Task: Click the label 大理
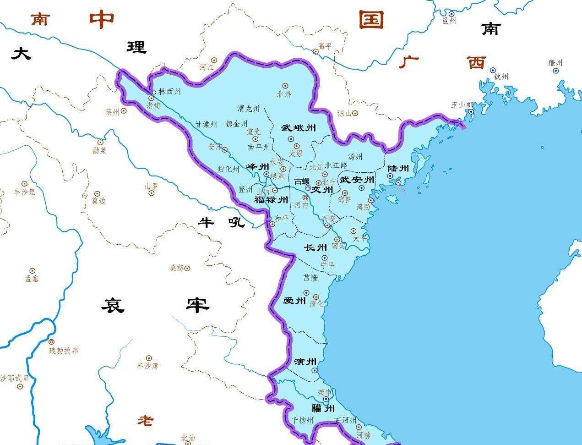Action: click(78, 50)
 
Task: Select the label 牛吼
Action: click(222, 222)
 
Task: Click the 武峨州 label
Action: click(299, 128)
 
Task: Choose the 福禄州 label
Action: click(271, 200)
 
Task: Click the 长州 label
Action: click(315, 248)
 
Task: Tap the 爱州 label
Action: click(294, 301)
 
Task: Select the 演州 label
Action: click(305, 362)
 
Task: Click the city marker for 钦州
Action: click(493, 70)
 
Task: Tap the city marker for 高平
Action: click(315, 51)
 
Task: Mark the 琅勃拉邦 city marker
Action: click(51, 342)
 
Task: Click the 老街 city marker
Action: click(151, 98)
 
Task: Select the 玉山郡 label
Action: click(462, 104)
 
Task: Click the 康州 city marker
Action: click(555, 71)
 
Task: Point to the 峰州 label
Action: click(258, 166)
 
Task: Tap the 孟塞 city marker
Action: click(32, 271)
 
